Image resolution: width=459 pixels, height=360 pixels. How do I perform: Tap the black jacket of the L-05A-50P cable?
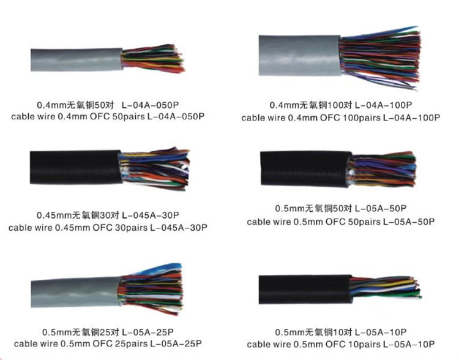[x=303, y=168]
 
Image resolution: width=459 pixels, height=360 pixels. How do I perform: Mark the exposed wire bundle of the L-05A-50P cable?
[x=386, y=168]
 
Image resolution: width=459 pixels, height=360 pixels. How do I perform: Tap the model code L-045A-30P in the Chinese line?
[x=150, y=216]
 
